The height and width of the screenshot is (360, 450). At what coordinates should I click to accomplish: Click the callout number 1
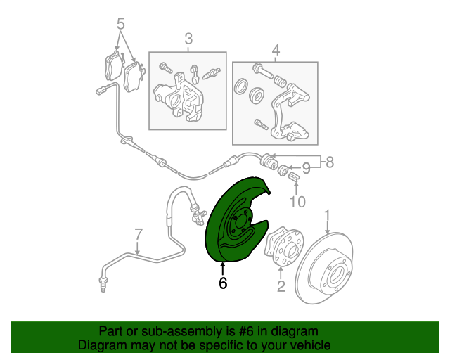[x=327, y=214]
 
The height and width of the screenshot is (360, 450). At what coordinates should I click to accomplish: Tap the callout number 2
[x=280, y=285]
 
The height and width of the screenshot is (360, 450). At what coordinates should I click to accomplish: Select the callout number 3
[x=188, y=38]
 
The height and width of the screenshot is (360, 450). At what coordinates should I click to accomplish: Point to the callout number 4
[x=275, y=49]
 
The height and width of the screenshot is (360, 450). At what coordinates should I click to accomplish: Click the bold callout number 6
[x=223, y=283]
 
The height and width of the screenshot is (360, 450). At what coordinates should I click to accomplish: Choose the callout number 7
[x=139, y=234]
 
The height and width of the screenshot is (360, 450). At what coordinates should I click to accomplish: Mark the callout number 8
[x=329, y=162]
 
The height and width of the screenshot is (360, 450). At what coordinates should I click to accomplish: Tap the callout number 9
[x=306, y=168]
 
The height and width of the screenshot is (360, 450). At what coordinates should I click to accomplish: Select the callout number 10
[x=297, y=202]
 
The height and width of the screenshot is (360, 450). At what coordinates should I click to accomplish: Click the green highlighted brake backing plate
[x=232, y=218]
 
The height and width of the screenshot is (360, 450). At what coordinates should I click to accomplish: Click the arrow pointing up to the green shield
[x=223, y=268]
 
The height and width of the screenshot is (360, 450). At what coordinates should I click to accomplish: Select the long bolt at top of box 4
[x=264, y=70]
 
